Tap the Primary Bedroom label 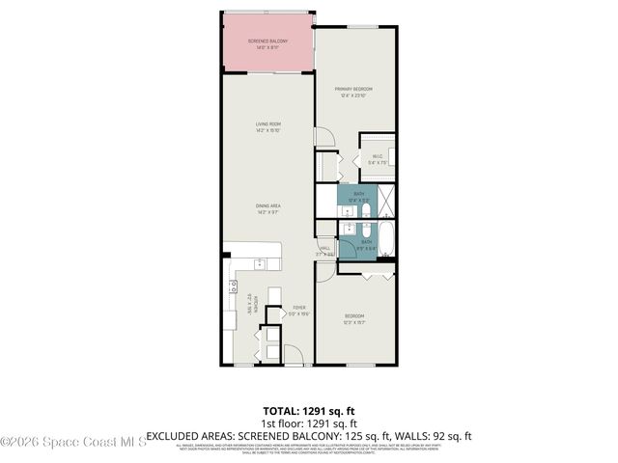[x=354, y=91]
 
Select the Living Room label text [x=267, y=126]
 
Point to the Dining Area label [x=267, y=208]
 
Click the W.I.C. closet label [x=377, y=160]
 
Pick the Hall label [x=325, y=250]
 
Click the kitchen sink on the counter [x=260, y=262]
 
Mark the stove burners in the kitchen [x=233, y=286]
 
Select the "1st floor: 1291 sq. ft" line [x=309, y=423]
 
